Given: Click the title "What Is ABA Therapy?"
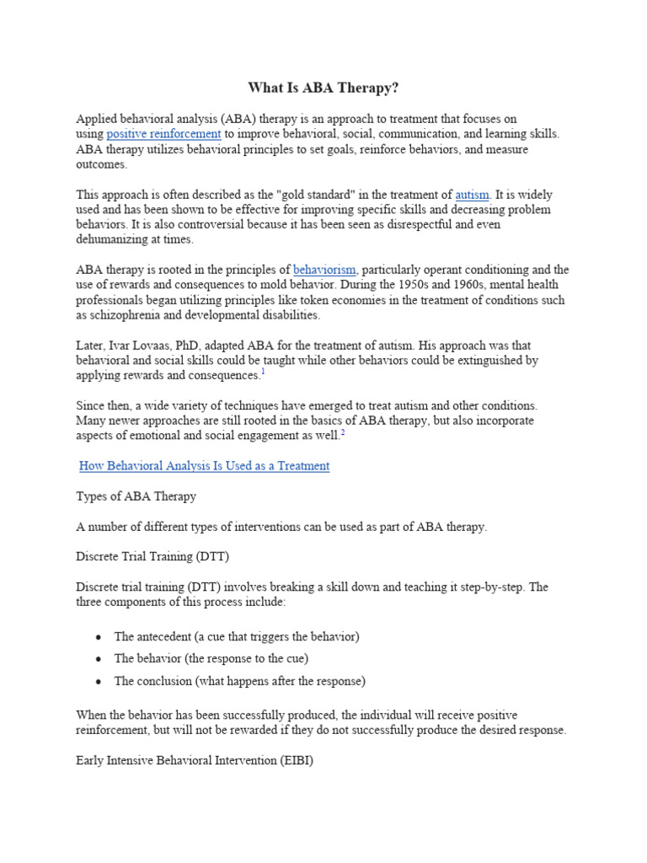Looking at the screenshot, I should pos(323,88).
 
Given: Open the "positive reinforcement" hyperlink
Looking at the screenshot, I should pos(163,134).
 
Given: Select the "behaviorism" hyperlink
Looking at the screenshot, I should pos(324,270).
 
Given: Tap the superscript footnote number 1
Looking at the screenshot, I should pos(263,372).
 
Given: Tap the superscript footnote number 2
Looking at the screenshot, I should pos(343,432).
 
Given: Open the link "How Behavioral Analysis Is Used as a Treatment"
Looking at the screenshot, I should pos(204,466).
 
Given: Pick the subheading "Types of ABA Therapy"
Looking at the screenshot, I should pos(136,496).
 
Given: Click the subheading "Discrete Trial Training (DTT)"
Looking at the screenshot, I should pos(152,557).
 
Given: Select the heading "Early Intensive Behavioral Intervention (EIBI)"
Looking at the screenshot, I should pos(195,760).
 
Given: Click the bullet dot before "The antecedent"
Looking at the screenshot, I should pos(99,637).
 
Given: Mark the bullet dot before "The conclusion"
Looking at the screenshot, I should pos(99,681).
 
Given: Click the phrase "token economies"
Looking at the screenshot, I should pos(275,300).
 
